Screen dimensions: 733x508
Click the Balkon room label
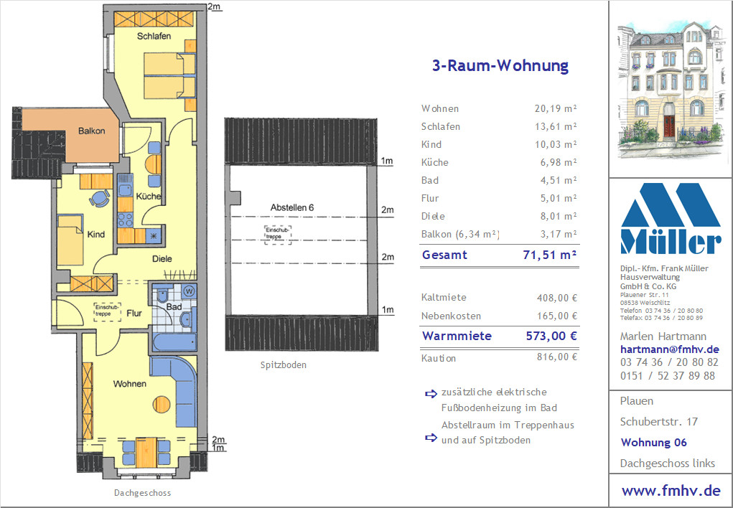click(92, 131)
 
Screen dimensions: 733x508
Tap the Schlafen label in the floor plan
click(154, 36)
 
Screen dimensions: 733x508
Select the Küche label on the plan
click(149, 197)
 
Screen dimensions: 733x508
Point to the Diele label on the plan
click(162, 258)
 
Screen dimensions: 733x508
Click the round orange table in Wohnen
click(162, 404)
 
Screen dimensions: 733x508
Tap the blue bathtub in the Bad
click(174, 342)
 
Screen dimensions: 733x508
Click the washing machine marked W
click(190, 291)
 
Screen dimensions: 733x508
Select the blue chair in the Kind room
click(100, 198)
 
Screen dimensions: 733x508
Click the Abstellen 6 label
click(292, 207)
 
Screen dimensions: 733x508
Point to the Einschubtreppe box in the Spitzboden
click(278, 234)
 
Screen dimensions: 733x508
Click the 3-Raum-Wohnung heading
click(500, 65)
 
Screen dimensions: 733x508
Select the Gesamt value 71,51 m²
click(550, 255)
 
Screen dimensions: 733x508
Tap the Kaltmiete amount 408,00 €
click(557, 298)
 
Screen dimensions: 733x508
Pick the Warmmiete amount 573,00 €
click(551, 336)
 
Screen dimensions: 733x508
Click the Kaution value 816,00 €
click(557, 357)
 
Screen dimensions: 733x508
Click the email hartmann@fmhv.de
click(669, 349)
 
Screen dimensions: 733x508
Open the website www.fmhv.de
click(671, 491)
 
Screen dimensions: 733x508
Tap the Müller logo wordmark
click(671, 242)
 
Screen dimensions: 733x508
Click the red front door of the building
click(669, 126)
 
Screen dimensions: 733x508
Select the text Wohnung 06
click(653, 442)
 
